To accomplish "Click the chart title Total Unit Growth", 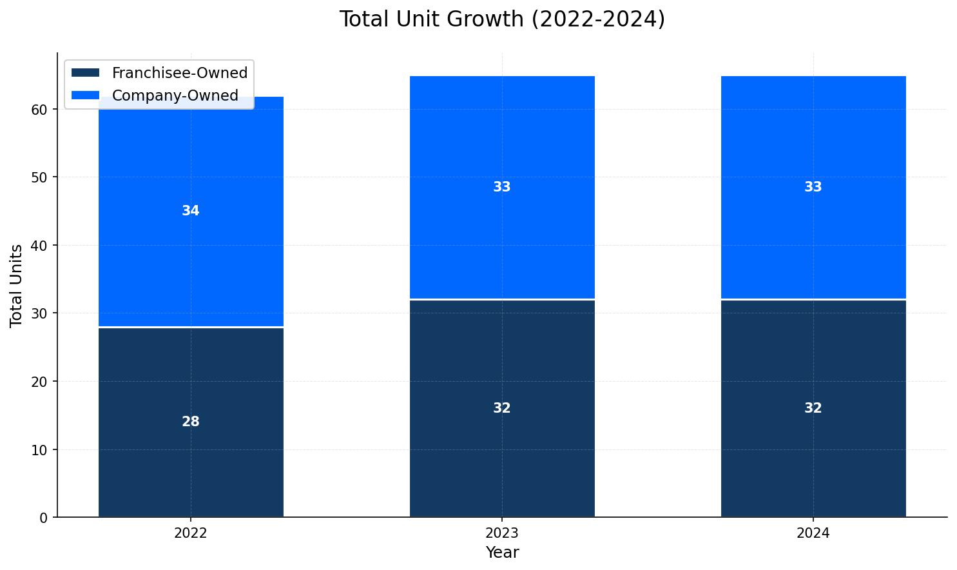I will [502, 19].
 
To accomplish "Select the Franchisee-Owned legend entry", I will [179, 73].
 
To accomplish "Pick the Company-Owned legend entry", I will [175, 95].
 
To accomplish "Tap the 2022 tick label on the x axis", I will [191, 533].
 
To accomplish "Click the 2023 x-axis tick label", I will [502, 533].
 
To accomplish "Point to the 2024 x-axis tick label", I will [813, 533].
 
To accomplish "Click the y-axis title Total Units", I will [17, 285].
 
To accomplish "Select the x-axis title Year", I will [502, 553].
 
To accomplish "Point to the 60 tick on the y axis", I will [40, 110].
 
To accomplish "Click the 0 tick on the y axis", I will [44, 518].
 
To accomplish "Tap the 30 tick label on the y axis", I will [40, 313].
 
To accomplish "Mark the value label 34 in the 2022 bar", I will [191, 211].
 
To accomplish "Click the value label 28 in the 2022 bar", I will [191, 422].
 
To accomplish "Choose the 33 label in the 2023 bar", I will [502, 187].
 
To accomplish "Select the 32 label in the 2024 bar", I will [813, 408].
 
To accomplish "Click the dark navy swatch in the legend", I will [85, 73].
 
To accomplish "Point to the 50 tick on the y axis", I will [40, 177].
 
